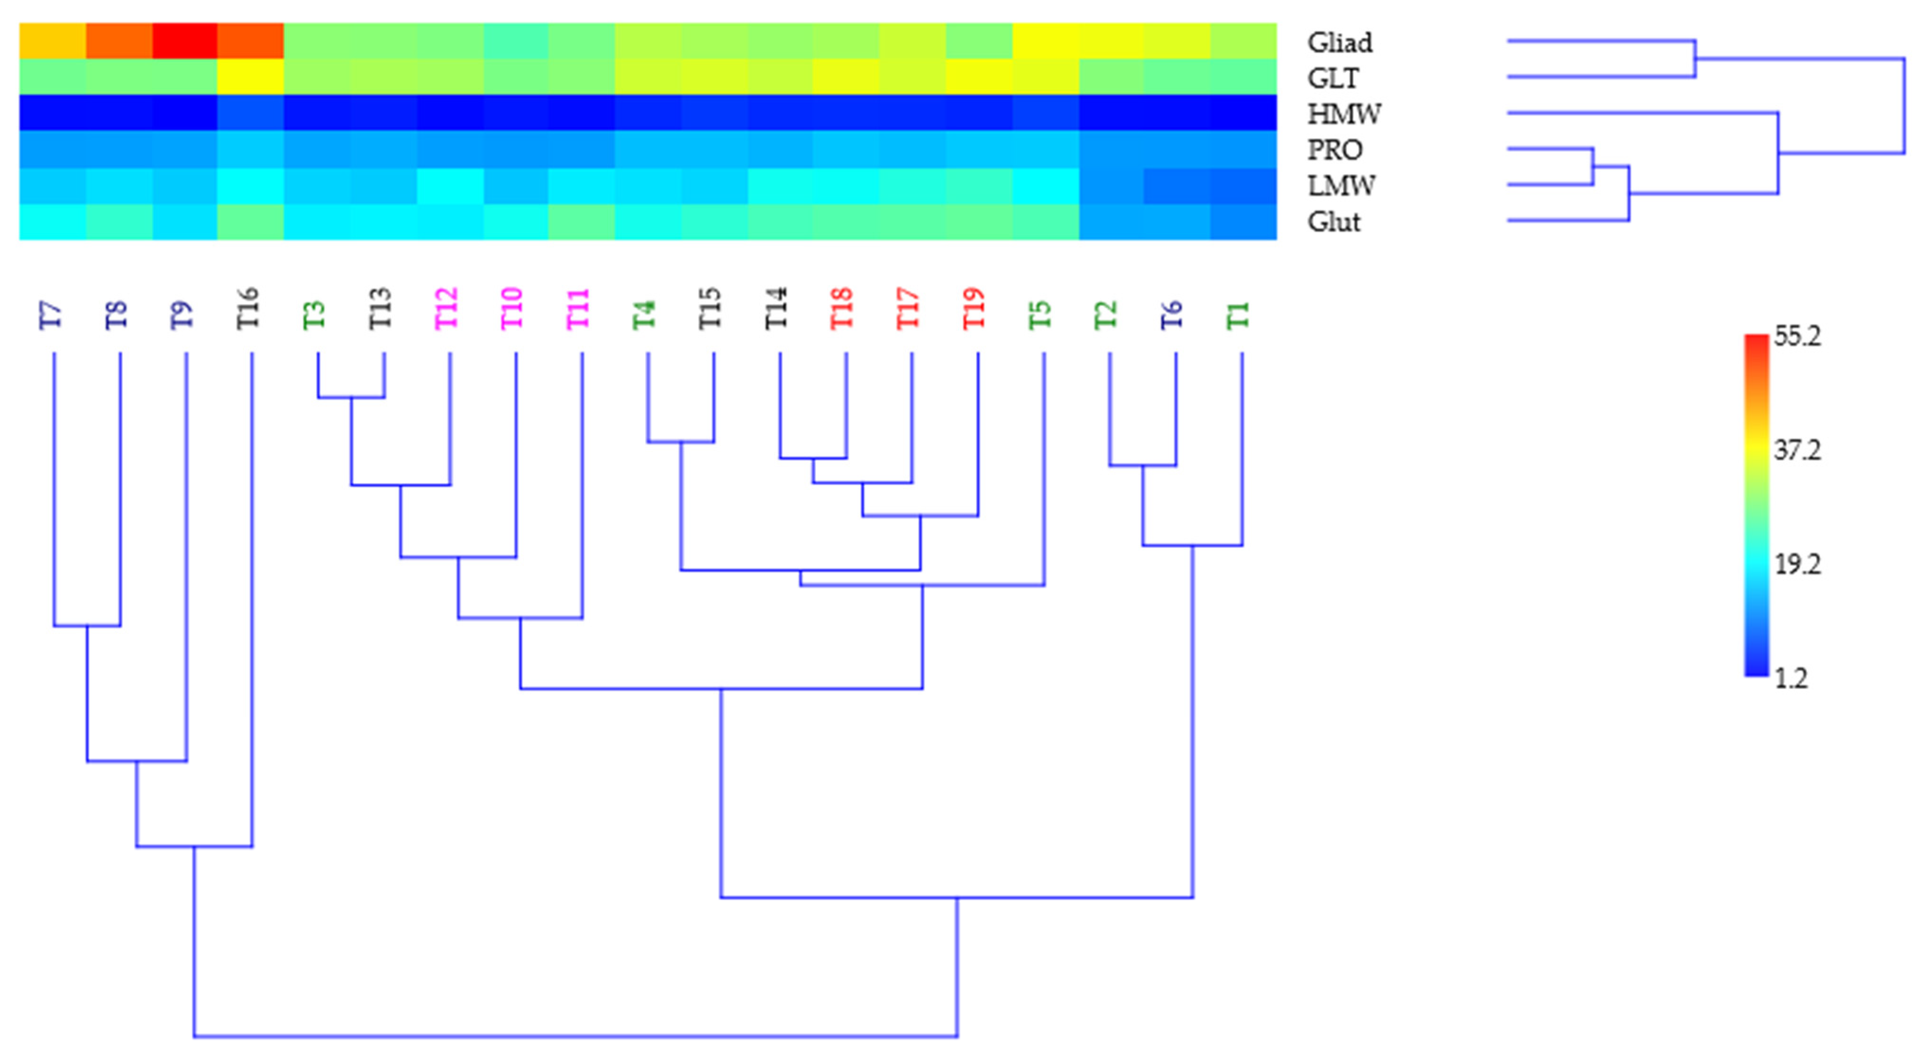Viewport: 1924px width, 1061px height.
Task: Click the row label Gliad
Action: [1339, 43]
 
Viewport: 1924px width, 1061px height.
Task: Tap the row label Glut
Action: [1333, 222]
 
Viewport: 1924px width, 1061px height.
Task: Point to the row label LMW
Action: [1340, 186]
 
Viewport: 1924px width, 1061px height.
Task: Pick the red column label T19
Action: [974, 308]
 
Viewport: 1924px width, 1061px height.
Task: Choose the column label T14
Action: [776, 308]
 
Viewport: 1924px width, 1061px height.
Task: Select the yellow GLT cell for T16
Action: [250, 77]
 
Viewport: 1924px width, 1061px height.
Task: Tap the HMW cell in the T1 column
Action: [1243, 113]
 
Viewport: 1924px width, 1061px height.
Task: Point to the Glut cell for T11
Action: [581, 222]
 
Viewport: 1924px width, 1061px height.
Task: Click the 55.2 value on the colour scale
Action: [1797, 337]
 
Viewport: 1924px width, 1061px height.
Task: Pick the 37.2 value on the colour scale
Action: [1797, 451]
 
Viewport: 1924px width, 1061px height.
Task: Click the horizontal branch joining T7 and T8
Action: [87, 626]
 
